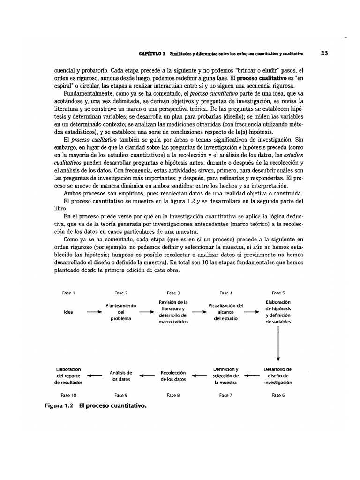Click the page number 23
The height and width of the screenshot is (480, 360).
point(324,53)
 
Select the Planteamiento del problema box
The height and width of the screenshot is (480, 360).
point(121,312)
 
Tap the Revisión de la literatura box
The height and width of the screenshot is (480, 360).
point(173,312)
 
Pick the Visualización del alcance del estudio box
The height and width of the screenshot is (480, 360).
point(225,312)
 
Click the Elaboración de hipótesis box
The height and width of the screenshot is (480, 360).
point(278,312)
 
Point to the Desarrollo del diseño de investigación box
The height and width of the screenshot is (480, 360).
point(278,375)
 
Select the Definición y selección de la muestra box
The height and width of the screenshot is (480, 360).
point(225,375)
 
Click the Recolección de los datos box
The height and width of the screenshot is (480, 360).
point(173,375)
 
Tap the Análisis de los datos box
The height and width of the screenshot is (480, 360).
point(121,375)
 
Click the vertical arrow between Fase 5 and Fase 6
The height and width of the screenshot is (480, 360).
point(278,344)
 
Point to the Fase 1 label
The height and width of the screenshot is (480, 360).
point(69,293)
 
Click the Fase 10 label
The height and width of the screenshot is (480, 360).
point(69,395)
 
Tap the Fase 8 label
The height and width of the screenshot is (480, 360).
point(173,395)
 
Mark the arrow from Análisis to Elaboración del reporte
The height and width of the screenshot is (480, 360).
point(95,375)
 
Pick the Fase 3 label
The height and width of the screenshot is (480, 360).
point(173,293)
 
